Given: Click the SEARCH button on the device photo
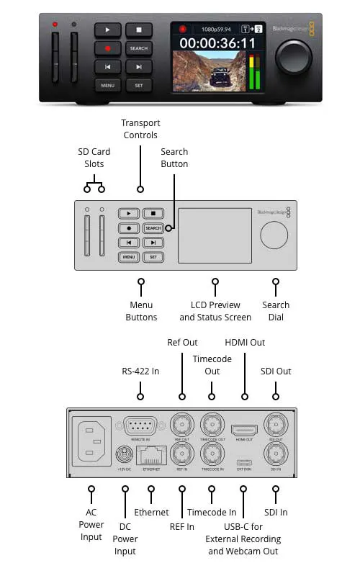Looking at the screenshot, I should pyautogui.click(x=138, y=48).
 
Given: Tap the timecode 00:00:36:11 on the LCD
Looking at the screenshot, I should pyautogui.click(x=217, y=43).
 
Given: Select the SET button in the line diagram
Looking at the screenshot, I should pyautogui.click(x=153, y=256).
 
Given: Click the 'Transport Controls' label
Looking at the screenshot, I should pyautogui.click(x=140, y=129).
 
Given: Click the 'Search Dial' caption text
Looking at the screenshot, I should pyautogui.click(x=276, y=311).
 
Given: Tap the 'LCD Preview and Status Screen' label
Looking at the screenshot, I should pyautogui.click(x=215, y=311).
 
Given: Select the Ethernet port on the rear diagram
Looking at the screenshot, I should pyautogui.click(x=151, y=455).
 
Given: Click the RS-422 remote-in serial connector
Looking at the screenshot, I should pyautogui.click(x=140, y=425).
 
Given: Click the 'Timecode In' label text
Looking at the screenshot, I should pyautogui.click(x=212, y=512).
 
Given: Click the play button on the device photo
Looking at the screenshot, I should pyautogui.click(x=107, y=30).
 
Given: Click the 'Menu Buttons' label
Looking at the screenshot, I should pyautogui.click(x=141, y=311).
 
